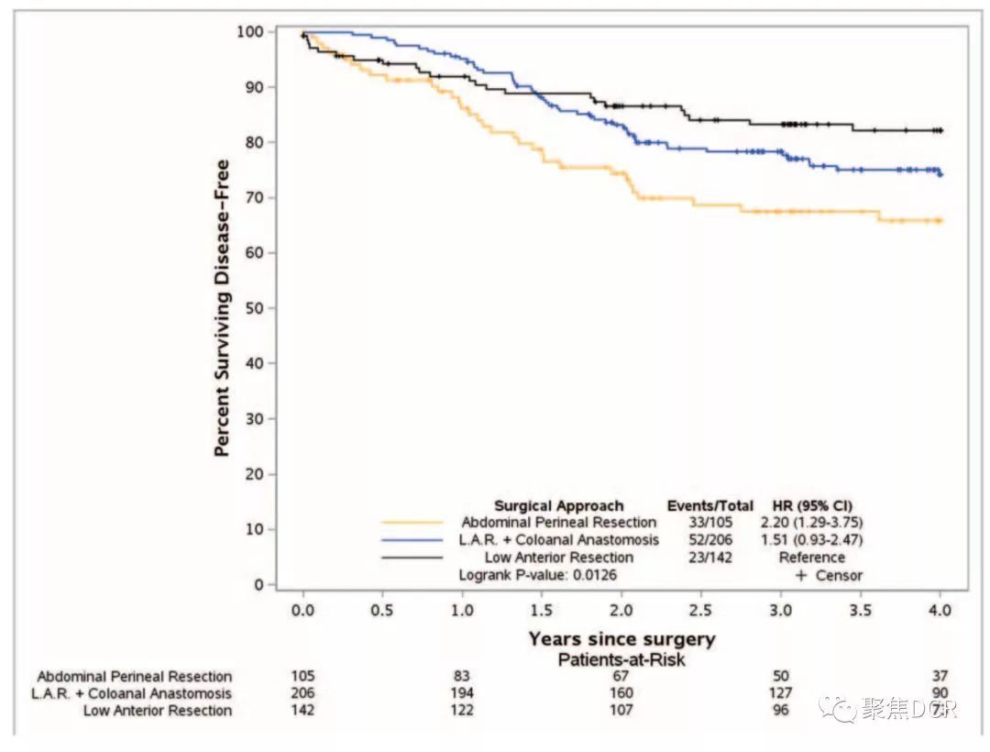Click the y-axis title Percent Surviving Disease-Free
tap(222, 308)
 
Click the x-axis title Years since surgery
tap(621, 639)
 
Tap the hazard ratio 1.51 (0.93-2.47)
tap(811, 540)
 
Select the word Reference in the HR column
tap(811, 558)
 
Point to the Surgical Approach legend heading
tap(558, 506)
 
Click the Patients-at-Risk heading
tap(621, 658)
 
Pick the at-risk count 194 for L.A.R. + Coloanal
tap(462, 693)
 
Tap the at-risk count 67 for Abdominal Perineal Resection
tap(621, 677)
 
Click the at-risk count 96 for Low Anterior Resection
tap(781, 710)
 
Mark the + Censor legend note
tap(829, 576)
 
